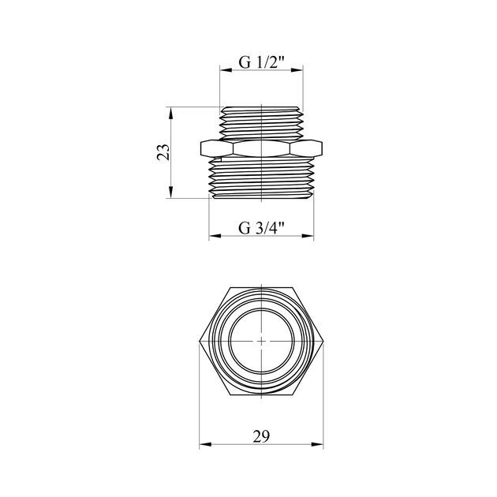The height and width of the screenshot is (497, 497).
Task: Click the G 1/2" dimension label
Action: click(262, 62)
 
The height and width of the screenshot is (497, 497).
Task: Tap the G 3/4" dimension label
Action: click(261, 227)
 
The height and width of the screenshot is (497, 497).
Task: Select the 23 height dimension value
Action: click(163, 152)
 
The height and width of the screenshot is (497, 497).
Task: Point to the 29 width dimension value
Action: click(261, 436)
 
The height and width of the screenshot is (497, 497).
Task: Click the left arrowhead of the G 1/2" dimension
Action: click(226, 70)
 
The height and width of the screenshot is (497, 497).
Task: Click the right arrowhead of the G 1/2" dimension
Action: click(297, 70)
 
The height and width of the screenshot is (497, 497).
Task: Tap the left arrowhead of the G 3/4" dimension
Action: click(215, 236)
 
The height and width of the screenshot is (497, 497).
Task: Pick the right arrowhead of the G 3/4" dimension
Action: click(308, 236)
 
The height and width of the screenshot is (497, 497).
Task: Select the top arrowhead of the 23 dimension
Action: click(170, 113)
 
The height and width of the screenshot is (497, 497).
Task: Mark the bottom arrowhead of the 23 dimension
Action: click(170, 192)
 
